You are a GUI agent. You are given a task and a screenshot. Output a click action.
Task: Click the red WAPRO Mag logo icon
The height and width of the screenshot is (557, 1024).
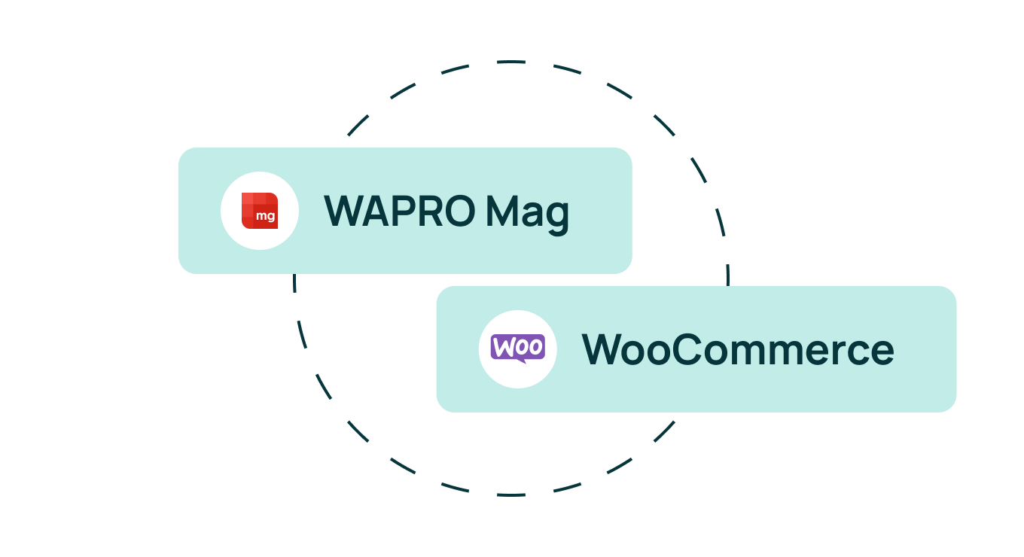[x=260, y=211]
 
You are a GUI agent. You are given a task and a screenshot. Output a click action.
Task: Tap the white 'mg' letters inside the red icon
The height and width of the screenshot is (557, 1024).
[x=266, y=216]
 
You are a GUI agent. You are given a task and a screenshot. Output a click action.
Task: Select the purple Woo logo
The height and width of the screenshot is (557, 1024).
[x=517, y=349]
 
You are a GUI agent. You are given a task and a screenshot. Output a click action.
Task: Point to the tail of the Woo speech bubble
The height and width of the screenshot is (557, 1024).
[x=521, y=361]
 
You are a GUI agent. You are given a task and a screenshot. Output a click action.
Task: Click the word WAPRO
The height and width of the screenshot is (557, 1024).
[x=400, y=211]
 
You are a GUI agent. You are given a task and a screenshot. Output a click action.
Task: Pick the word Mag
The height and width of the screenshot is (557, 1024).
[x=528, y=215]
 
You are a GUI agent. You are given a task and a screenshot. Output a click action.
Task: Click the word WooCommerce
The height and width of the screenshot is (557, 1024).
[x=738, y=349]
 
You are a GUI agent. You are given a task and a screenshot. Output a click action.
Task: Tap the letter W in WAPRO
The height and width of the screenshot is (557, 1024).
[x=346, y=211]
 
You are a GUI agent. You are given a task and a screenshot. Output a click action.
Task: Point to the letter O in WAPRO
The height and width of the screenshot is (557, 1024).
[x=459, y=211]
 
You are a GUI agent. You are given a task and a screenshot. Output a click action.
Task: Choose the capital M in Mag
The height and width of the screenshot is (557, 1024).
[x=502, y=211]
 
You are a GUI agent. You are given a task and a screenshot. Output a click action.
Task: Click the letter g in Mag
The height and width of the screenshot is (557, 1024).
[x=557, y=219]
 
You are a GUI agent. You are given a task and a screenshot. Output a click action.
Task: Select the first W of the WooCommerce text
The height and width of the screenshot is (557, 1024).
[x=603, y=349]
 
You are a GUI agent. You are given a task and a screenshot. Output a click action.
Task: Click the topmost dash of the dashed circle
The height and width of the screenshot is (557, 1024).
[x=511, y=61]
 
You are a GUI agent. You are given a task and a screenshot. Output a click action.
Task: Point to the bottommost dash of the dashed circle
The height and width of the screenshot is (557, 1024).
[x=511, y=495]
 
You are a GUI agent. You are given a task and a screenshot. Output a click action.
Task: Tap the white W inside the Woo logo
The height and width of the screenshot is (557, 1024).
[x=505, y=348]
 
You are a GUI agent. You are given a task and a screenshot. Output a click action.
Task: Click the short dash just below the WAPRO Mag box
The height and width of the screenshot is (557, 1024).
[x=294, y=283]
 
